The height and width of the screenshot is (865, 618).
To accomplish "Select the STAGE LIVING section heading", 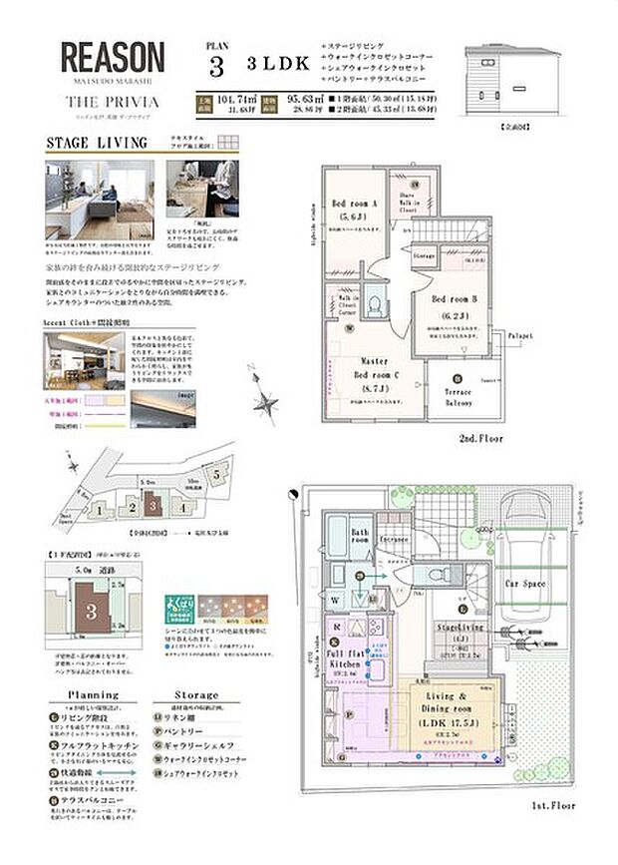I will click(x=96, y=143).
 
